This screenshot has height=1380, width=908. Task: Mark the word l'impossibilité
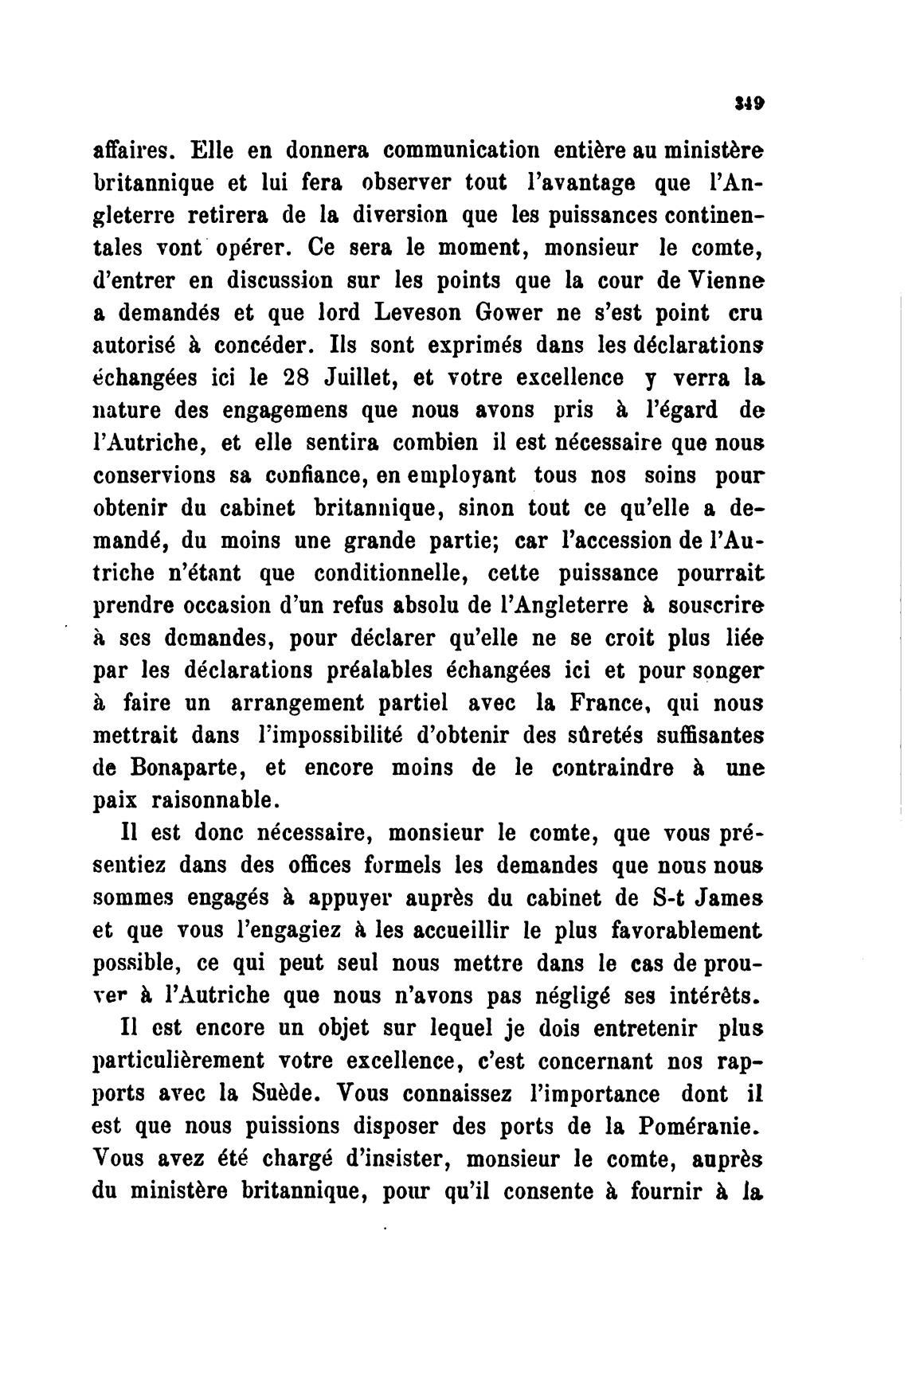click(319, 736)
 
